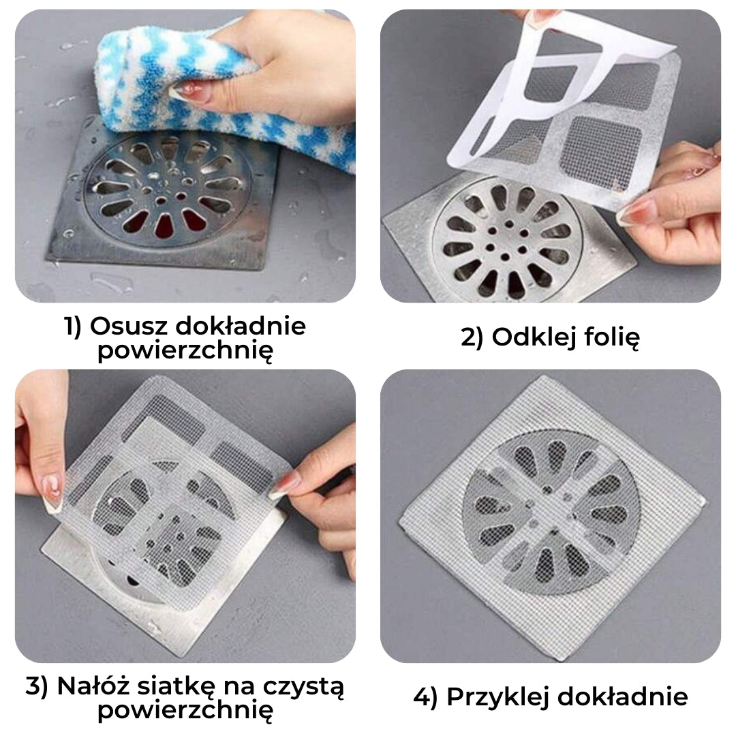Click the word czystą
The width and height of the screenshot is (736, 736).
pos(303,688)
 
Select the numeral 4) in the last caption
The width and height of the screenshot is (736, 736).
pos(425,698)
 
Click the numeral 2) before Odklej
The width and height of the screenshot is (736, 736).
pos(472,337)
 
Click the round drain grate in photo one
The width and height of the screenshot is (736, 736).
pos(168,185)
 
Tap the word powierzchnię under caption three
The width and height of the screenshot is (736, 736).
pos(185,710)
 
